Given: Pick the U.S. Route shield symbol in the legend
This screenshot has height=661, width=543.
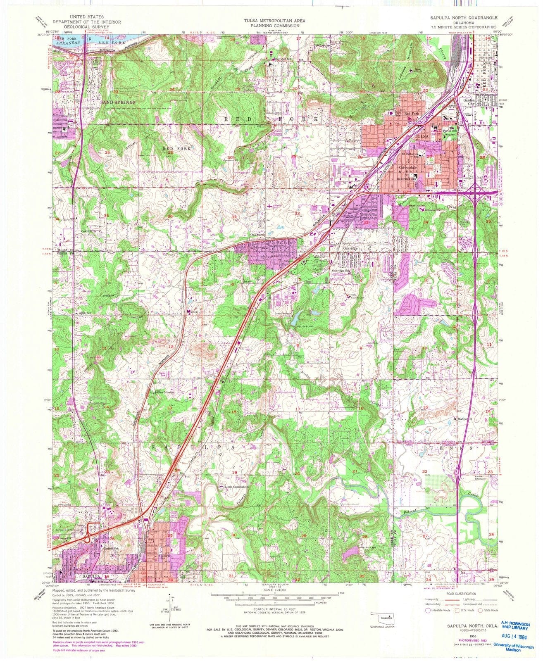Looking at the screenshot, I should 457,610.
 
